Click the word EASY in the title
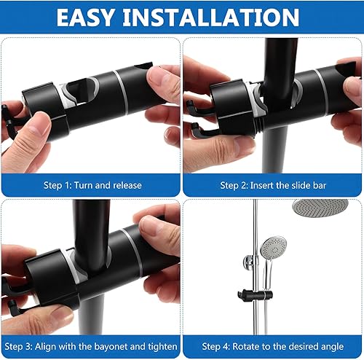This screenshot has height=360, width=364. click(x=85, y=17)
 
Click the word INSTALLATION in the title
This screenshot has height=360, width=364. click(x=211, y=17)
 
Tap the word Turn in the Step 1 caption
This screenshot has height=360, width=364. click(x=84, y=185)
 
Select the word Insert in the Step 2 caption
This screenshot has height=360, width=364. click(x=262, y=185)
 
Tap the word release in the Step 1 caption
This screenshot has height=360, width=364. click(x=127, y=185)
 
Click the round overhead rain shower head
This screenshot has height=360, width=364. click(x=320, y=208)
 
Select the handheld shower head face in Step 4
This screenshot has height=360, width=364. click(x=274, y=248)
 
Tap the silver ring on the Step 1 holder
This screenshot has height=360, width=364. click(x=121, y=92)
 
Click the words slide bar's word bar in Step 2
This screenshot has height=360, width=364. click(x=319, y=185)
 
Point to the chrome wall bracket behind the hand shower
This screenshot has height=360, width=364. click(x=249, y=262)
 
